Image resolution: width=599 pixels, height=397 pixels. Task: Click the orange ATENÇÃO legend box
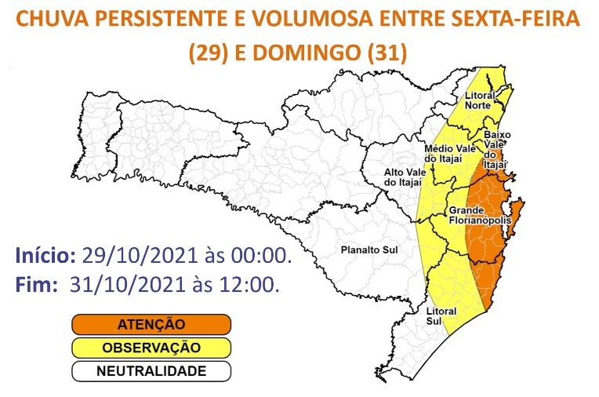point(151,323)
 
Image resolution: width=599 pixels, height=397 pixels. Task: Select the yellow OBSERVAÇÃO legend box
point(151,347)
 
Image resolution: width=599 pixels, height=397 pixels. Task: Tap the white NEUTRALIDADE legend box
point(151,370)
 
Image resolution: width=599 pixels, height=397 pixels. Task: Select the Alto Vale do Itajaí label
point(401,177)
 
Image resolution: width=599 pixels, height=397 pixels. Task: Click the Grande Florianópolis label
point(480,216)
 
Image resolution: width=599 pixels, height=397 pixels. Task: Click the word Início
point(45,257)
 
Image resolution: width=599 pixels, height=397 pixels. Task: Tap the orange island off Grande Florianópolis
point(518,216)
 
